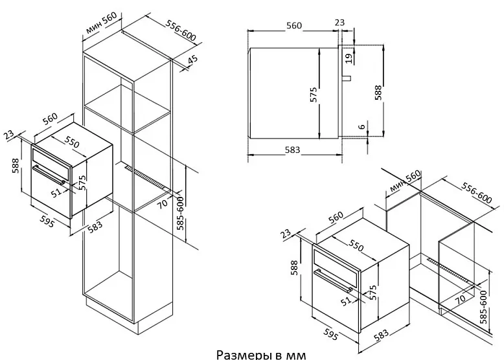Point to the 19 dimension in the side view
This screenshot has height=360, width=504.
(x=349, y=58)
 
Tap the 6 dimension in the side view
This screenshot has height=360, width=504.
(x=362, y=126)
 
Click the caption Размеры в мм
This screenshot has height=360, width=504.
(x=261, y=355)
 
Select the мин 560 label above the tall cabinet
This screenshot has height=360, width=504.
(x=100, y=23)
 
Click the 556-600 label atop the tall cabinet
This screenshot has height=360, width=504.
(x=181, y=30)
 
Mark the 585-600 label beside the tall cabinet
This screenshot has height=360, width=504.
(x=181, y=213)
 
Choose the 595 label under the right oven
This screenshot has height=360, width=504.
(x=330, y=333)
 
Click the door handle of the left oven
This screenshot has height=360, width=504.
(x=50, y=174)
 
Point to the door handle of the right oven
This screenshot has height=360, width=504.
(x=333, y=281)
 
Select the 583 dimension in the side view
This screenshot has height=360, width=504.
(x=292, y=150)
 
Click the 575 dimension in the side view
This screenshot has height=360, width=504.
(x=314, y=95)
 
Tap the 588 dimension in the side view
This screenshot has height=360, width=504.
(x=378, y=93)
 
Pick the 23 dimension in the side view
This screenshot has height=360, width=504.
(x=339, y=22)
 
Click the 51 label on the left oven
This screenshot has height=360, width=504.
(x=57, y=193)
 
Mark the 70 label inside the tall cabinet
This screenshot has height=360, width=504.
(x=163, y=204)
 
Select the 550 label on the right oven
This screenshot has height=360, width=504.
(x=356, y=246)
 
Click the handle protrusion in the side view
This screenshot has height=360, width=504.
(x=347, y=78)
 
